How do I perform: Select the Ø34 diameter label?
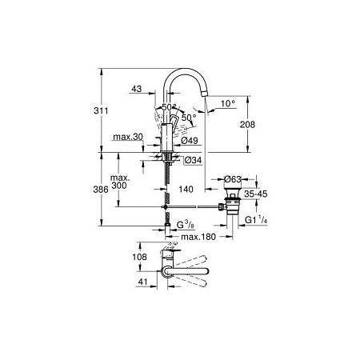click(x=193, y=160)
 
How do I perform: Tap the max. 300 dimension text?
click(x=121, y=182)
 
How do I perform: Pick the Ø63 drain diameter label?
click(x=233, y=178)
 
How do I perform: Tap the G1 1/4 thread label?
click(x=256, y=220)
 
